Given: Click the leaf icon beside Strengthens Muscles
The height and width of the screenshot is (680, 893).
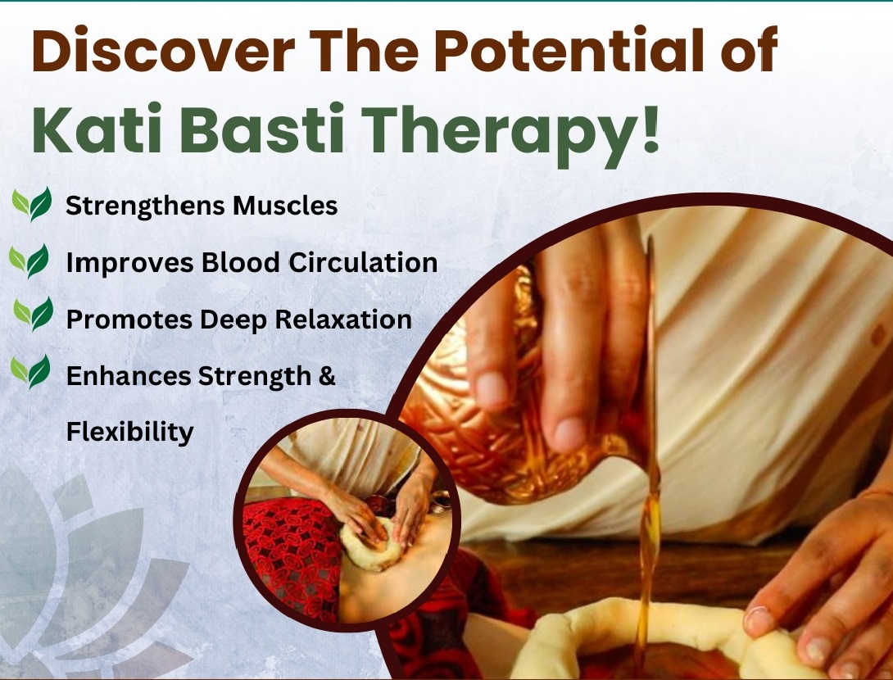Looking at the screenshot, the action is pos(32,204).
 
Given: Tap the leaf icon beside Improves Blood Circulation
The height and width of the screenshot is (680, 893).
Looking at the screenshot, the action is pos(29,261).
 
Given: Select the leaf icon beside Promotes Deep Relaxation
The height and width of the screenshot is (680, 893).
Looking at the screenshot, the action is pos(33,314).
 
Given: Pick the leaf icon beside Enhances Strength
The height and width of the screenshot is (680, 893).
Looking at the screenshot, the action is pos(31,372).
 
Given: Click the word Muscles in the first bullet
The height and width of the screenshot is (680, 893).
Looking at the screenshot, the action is pos(285,205).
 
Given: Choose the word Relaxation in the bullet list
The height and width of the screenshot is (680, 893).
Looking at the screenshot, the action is pos(343,319).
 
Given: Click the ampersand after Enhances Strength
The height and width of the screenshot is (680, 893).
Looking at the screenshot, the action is pos(327,376).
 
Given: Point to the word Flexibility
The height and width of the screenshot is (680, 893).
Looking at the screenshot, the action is pos(129,431).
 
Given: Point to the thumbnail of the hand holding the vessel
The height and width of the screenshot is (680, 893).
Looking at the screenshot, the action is pos(569,434).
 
